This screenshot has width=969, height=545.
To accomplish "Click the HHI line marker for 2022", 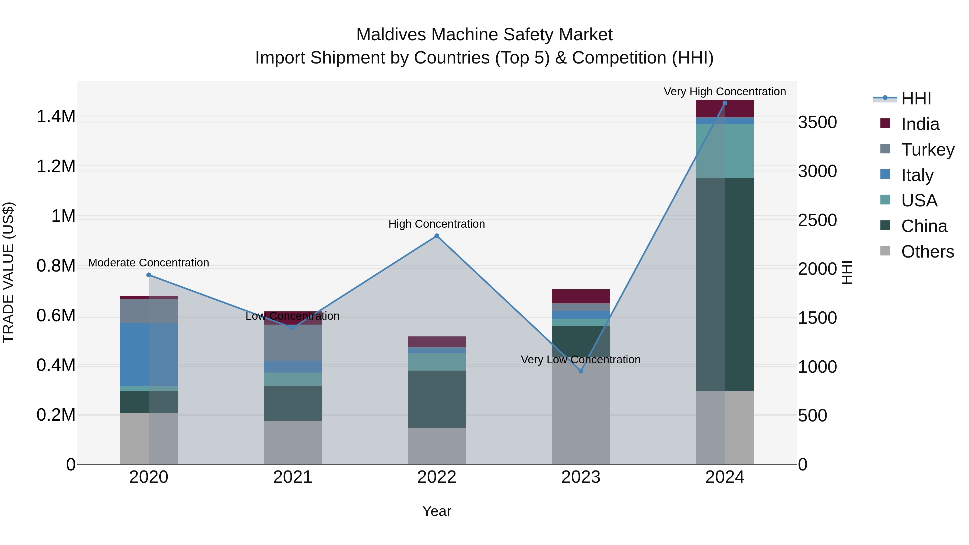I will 437,236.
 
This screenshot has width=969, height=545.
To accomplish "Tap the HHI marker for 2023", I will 581,371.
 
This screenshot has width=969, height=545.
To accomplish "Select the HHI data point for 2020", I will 149,275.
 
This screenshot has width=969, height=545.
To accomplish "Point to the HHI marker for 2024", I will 725,103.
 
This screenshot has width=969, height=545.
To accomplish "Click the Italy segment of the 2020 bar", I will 149,354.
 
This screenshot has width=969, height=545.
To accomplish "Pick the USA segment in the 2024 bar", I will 725,150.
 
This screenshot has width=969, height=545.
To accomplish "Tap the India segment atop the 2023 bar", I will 581,296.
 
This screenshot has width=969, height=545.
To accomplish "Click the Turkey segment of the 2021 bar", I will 293,342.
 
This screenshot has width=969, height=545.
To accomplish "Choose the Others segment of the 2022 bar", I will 437,446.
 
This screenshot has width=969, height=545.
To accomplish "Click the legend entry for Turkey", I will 927,150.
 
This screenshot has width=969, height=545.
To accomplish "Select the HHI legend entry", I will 916,99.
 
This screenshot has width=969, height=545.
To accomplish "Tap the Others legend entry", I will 927,252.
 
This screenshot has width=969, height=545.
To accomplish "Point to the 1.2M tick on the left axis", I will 56,166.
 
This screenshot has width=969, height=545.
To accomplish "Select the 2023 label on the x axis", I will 581,477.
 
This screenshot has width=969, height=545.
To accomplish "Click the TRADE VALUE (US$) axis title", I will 8,272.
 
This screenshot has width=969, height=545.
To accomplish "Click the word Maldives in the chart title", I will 391,35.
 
